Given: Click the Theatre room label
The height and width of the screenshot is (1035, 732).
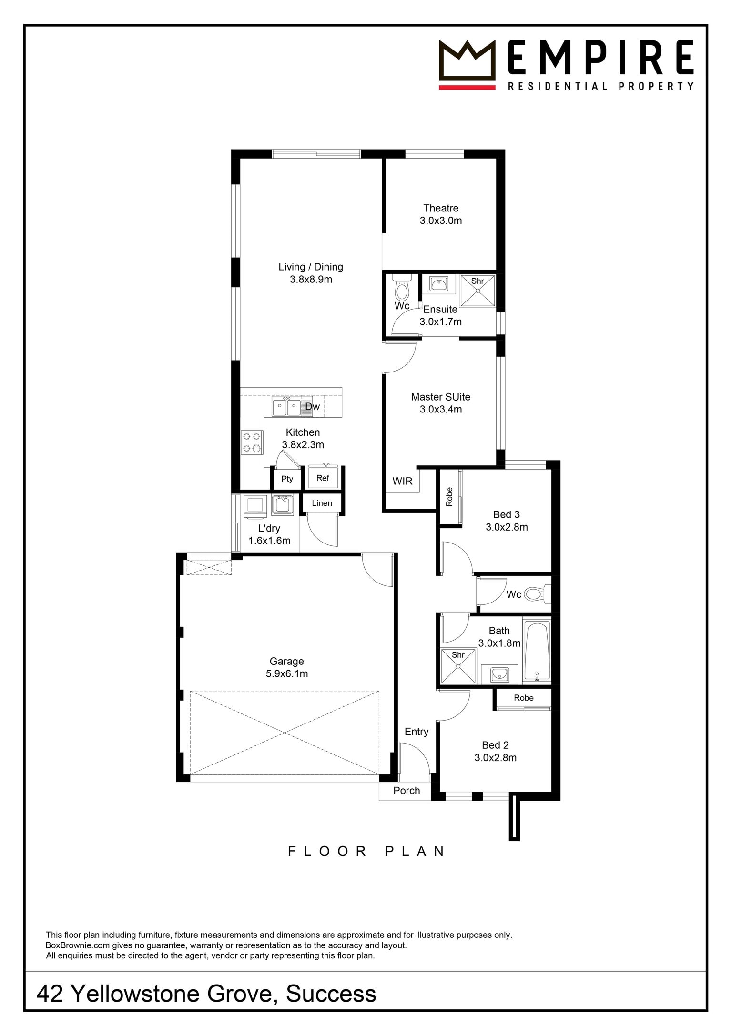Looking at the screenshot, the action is pos(441,208).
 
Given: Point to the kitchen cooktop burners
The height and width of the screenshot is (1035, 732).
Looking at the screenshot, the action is pos(252,442).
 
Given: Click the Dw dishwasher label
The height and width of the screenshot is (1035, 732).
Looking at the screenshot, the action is pos(312,407).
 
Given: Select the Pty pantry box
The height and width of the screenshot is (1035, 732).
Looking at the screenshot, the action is pos(287,479).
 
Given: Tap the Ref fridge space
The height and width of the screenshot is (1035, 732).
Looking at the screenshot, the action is pos(323,477).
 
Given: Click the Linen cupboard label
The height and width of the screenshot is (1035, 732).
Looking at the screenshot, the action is pos(322,503).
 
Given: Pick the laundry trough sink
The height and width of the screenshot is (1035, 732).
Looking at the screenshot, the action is pos(282,505).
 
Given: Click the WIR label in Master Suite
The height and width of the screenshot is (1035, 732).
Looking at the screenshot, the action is pos(402,481).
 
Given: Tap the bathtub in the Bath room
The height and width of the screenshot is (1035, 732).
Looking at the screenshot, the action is pos(537,651).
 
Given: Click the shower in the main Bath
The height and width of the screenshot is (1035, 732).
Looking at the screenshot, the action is pos(458,666).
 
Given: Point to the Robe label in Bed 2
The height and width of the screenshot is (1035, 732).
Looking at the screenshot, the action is pos(524,698).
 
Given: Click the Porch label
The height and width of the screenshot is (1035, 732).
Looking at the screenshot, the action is pos(407,791).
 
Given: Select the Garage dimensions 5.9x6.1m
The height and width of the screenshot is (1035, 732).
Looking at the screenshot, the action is pos(287,673).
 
